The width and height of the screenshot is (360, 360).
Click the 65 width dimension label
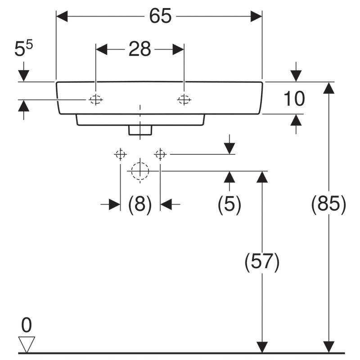[x=160, y=16]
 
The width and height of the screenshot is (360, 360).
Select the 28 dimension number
[x=139, y=49]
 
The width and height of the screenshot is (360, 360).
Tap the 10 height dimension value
[x=294, y=99]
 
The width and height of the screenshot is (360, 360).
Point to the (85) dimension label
[x=328, y=204]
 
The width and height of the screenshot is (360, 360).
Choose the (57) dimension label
[x=262, y=262]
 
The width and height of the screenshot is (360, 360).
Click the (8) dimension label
[x=140, y=204]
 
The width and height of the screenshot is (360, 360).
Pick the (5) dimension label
[x=229, y=204]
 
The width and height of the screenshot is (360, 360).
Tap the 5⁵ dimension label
[x=24, y=48]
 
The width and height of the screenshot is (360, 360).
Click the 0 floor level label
[x=27, y=325]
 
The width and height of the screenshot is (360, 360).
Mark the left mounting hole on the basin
[x=96, y=99]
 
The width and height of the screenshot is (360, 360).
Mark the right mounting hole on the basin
[x=184, y=99]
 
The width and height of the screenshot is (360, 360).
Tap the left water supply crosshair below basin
[x=120, y=154]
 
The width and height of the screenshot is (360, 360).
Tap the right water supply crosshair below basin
[x=160, y=154]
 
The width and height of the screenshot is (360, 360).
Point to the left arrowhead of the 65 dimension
[x=62, y=16]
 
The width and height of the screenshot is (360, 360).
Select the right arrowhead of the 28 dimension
[x=178, y=49]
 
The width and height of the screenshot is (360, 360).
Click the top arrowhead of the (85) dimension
[x=328, y=88]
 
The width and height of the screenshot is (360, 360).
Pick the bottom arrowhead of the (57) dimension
[x=262, y=347]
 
